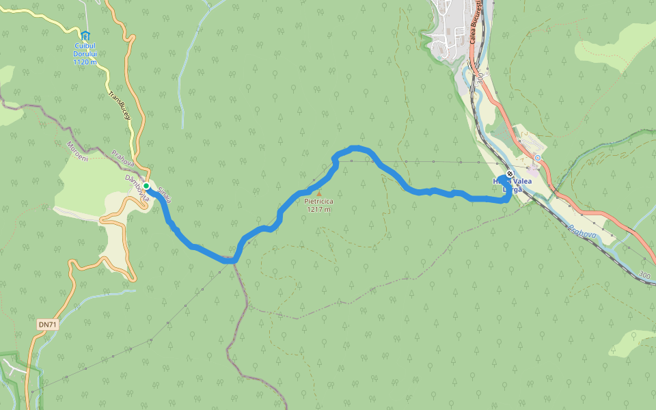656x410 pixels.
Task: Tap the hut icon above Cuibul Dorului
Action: pos(85,36)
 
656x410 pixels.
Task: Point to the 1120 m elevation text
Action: pos(85,62)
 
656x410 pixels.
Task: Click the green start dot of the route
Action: pos(146,185)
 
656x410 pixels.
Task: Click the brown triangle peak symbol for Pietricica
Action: pos(318,193)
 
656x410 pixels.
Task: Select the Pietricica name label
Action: pos(318,202)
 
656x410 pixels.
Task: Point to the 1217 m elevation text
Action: pos(318,210)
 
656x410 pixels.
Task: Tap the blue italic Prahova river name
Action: pos(582,234)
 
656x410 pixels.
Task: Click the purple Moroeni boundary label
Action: pos(77,151)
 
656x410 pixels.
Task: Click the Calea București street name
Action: pos(476,24)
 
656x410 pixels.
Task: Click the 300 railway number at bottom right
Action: pos(644,275)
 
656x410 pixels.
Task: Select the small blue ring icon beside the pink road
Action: pos(538,158)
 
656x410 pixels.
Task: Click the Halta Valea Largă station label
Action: pos(512,185)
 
